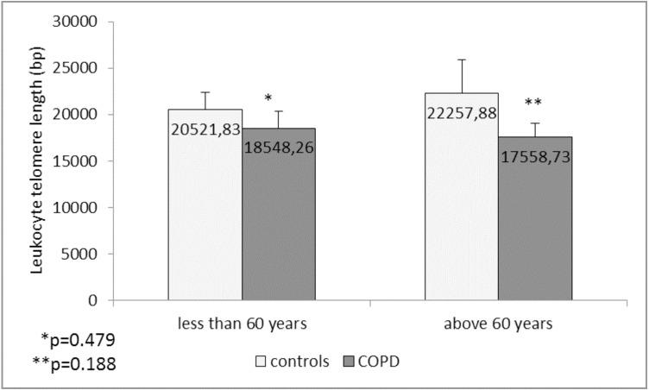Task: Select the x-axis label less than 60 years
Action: (x=242, y=324)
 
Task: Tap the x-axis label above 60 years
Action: (x=498, y=324)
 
